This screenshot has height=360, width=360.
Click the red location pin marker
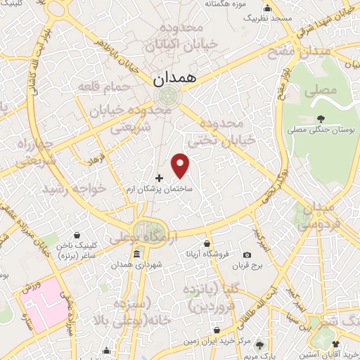pyautogui.click(x=181, y=165)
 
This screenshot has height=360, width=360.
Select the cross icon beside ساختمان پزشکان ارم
pyautogui.click(x=159, y=179)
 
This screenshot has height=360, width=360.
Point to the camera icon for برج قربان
pyautogui.click(x=246, y=255)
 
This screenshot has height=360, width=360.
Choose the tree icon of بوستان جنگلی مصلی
pyautogui.click(x=321, y=118)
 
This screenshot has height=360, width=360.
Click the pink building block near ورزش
pyautogui.click(x=43, y=309)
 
